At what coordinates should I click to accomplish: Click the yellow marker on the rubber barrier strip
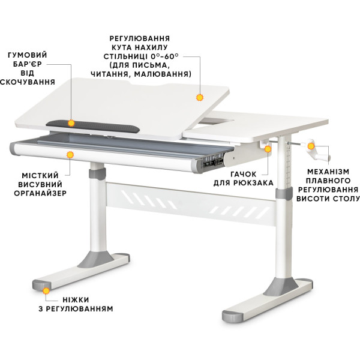[71, 123]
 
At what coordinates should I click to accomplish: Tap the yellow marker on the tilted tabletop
[200, 98]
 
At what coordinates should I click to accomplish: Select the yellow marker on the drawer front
[70, 155]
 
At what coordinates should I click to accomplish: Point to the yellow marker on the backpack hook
[268, 149]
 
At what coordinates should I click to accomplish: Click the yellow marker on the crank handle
[311, 146]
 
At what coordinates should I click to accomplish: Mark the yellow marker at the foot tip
[46, 291]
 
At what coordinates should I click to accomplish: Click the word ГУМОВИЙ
[28, 55]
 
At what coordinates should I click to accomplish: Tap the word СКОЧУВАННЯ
[28, 82]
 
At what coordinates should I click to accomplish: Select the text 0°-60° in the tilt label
[164, 56]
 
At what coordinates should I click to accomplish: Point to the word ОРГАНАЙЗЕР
[40, 193]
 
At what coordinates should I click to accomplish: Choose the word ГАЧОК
[244, 174]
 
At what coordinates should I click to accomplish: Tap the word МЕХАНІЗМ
[328, 172]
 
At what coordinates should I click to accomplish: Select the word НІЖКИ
[76, 300]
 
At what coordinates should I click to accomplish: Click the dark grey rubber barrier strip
[93, 126]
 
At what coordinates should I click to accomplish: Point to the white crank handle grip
[322, 157]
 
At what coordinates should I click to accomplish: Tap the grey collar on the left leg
[98, 174]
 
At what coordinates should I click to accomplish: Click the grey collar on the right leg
[284, 192]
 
